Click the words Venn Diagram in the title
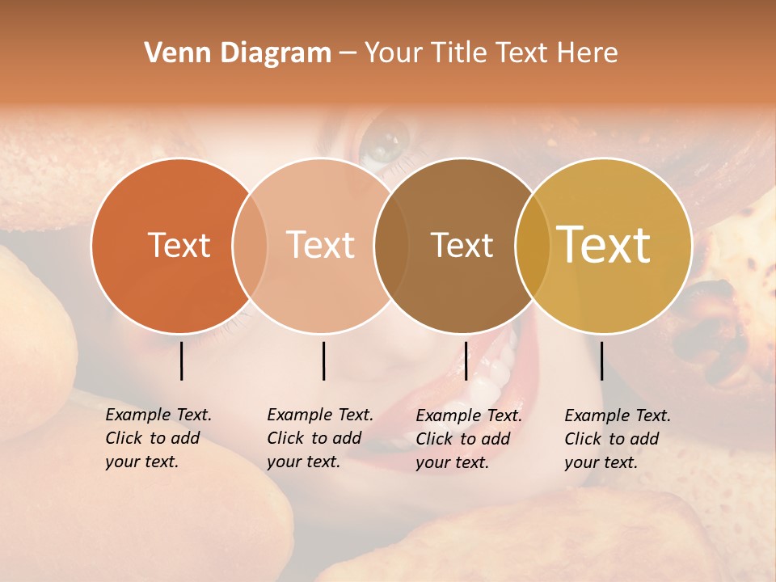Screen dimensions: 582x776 coord(238,53)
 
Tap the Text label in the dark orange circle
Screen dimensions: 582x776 coord(179,245)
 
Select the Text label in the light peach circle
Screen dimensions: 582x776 coord(321,245)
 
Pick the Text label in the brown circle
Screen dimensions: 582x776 coord(462,245)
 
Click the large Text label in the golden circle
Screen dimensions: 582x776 coord(604,245)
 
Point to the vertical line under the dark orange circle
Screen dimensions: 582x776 coord(181,361)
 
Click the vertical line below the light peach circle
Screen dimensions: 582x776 coord(323,361)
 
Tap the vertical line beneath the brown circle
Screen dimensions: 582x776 coord(466,361)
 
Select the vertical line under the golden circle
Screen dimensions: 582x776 coord(601,361)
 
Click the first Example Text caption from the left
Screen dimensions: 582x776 coord(158,438)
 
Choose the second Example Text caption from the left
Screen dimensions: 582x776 coord(319,438)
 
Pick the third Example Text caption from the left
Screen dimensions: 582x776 coord(468,439)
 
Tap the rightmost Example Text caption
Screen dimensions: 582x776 coord(617,439)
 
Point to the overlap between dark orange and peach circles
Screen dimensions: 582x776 coord(250,245)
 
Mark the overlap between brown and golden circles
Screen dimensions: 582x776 coord(533,245)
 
